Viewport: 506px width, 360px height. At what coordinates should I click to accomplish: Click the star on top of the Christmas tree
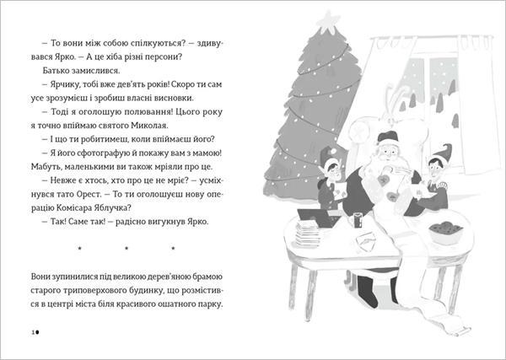pos(328,19)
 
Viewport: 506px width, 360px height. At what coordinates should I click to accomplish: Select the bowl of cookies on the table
pos(445,233)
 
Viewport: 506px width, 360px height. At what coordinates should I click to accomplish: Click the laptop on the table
pos(318,218)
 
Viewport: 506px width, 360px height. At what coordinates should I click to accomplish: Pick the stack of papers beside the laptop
pos(308,234)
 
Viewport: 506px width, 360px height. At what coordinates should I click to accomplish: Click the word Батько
pos(54,71)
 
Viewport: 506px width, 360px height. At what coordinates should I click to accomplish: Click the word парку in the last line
pos(212,304)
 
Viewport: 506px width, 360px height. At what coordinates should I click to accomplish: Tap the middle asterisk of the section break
pos(126,248)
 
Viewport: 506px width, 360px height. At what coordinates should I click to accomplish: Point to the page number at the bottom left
pos(35,332)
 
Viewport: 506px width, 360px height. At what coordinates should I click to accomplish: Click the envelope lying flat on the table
pos(367,240)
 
